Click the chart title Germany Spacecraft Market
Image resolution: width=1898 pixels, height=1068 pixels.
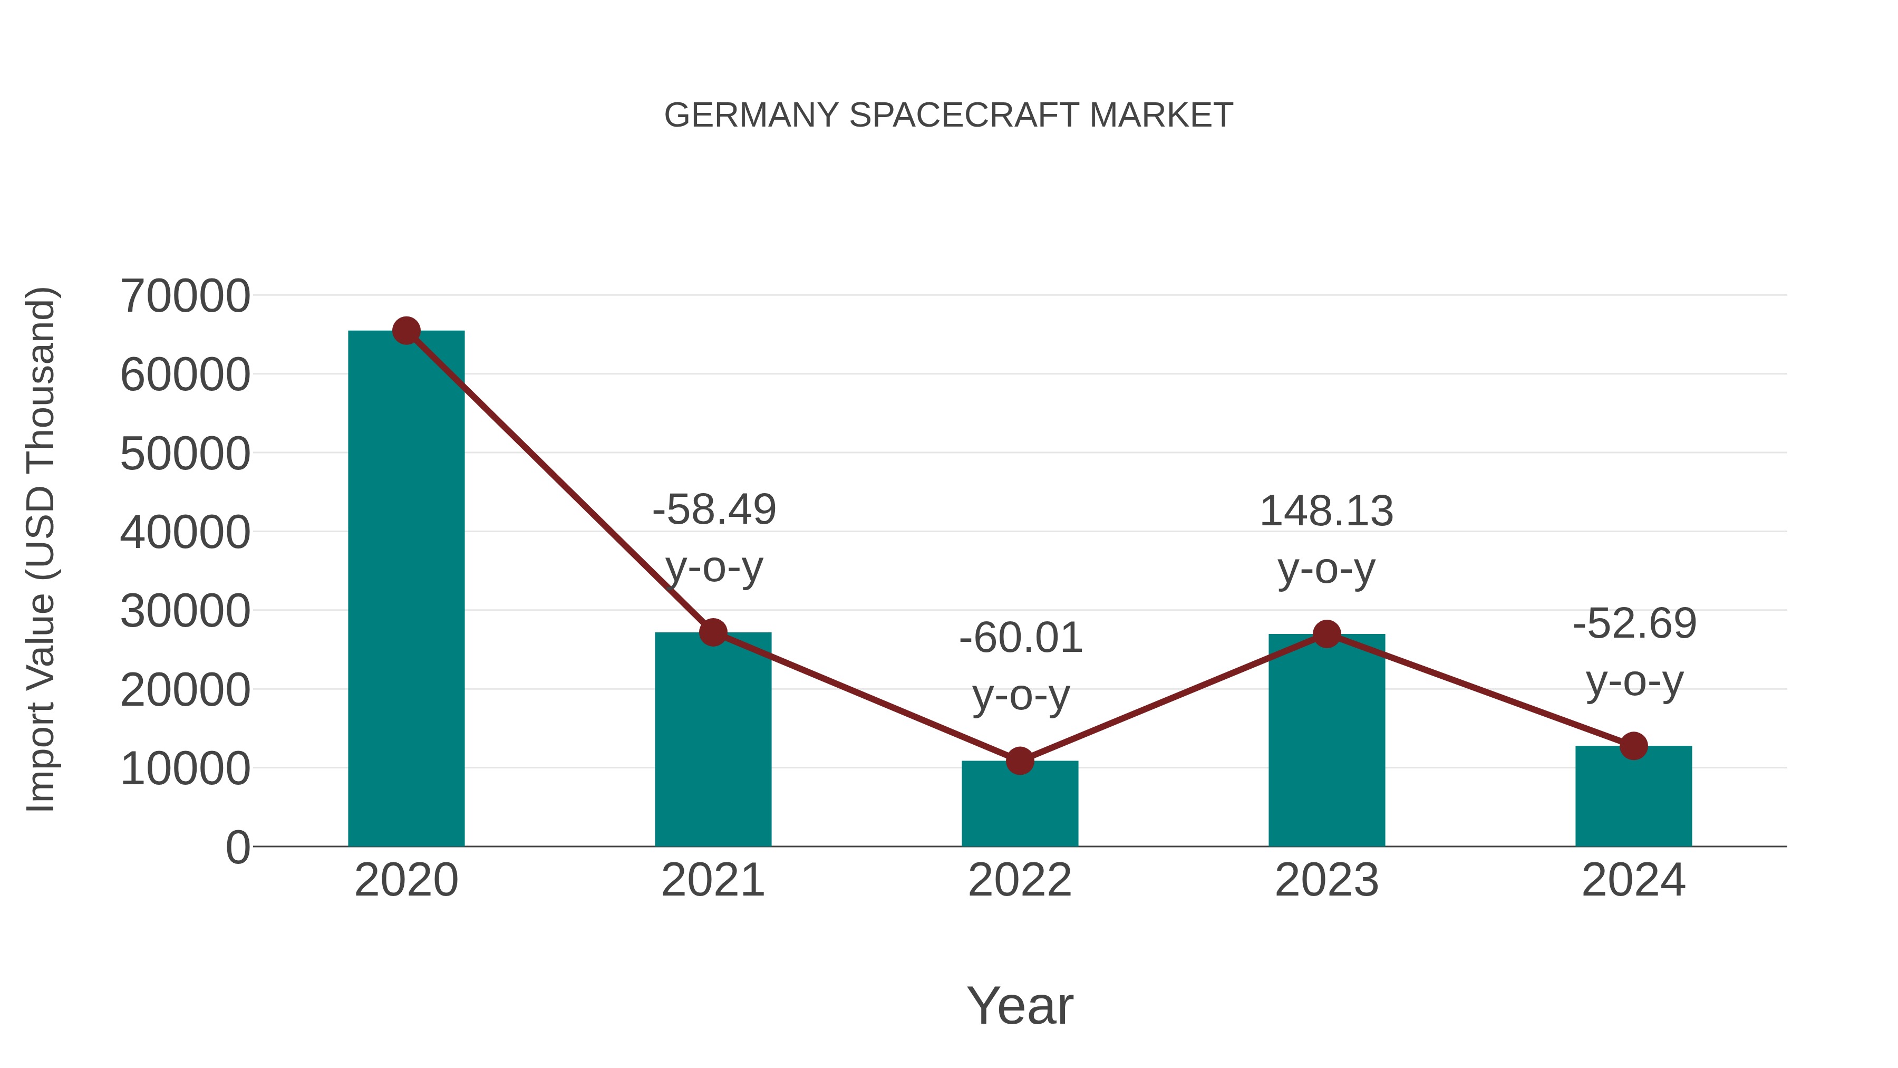point(948,116)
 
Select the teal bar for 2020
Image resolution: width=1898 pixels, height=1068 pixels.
point(406,590)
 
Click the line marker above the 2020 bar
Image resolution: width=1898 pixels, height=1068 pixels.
point(406,331)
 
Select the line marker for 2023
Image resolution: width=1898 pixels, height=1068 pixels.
point(1327,634)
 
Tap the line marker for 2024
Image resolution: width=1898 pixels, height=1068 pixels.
point(1633,746)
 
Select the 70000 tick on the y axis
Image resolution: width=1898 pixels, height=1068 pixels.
point(186,296)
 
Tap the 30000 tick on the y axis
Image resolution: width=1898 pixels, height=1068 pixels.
point(186,611)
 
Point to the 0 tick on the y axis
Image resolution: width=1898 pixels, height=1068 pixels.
point(238,848)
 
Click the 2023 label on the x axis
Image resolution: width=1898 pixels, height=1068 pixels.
point(1326,880)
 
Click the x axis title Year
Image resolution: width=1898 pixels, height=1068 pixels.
point(1020,1005)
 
